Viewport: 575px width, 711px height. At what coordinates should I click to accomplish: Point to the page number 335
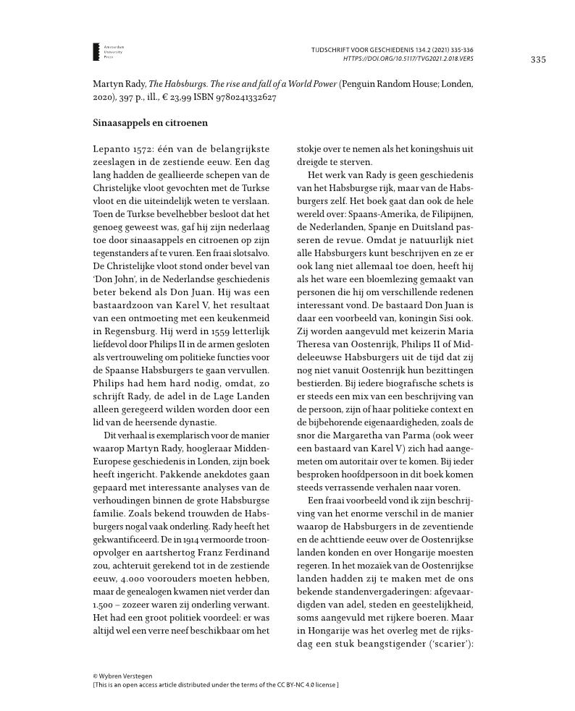pos(537,59)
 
